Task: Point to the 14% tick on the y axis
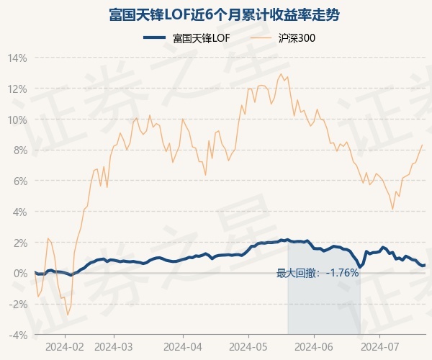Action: point(19,58)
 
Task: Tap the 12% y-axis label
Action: point(19,89)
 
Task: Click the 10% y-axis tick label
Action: point(19,120)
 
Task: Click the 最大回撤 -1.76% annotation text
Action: point(318,273)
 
